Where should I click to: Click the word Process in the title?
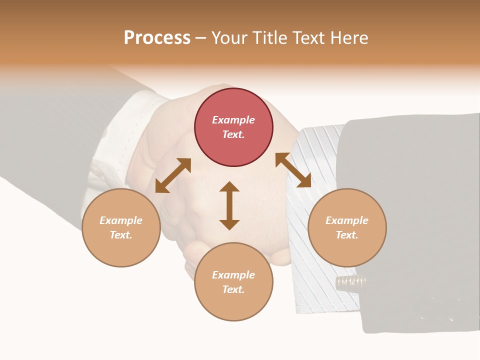157,38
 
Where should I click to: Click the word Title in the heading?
267,38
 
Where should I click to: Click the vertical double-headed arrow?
229,205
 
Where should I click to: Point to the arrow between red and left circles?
173,175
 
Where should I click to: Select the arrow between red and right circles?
293,170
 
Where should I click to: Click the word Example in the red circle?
233,120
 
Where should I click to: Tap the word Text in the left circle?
120,235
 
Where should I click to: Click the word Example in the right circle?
347,220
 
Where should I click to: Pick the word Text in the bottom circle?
233,289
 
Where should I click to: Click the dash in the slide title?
200,38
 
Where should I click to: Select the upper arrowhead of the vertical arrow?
229,187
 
